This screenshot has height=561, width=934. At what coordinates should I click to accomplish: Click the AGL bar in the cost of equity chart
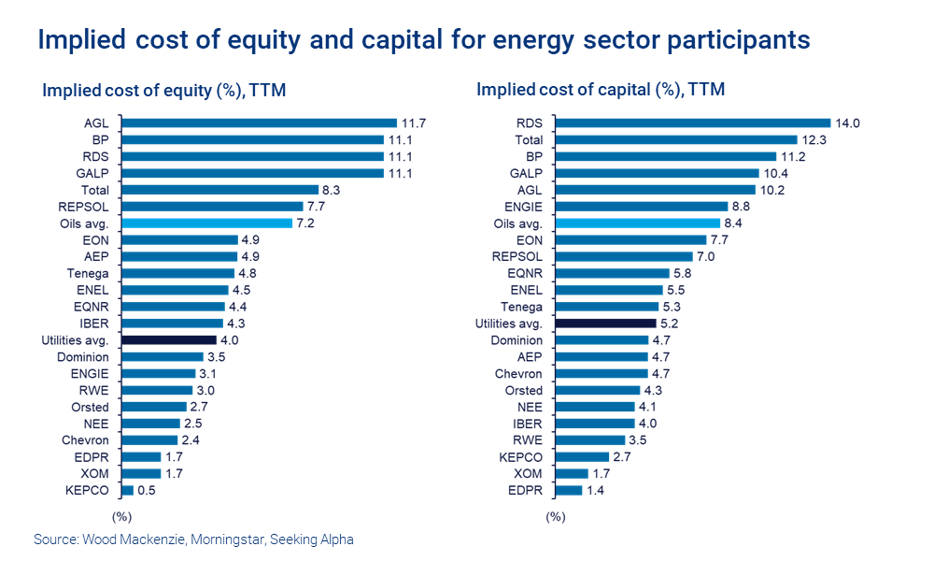259,122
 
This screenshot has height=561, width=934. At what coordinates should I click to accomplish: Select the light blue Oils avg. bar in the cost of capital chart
637,223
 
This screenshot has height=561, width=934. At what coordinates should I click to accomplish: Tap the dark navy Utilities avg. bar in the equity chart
169,340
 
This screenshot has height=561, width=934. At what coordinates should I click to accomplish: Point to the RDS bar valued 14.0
692,122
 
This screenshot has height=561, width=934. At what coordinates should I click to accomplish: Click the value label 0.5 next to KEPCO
148,490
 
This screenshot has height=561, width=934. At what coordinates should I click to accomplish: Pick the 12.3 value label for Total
814,139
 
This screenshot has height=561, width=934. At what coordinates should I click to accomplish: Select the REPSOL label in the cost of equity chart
83,207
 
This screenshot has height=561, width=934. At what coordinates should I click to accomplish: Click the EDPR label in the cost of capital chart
524,490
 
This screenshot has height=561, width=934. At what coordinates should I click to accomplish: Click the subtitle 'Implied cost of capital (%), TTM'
601,90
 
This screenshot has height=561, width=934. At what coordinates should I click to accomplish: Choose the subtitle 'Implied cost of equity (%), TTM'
164,91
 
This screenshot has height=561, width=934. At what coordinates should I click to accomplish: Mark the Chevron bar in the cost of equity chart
149,440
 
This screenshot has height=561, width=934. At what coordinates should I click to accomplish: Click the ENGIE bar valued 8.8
641,207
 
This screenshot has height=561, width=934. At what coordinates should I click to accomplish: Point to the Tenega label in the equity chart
88,273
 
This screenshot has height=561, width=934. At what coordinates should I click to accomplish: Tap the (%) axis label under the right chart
556,515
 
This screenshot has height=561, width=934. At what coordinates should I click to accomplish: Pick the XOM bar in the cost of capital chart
571,473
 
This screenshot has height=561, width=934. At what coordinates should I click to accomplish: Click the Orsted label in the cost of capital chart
523,390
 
